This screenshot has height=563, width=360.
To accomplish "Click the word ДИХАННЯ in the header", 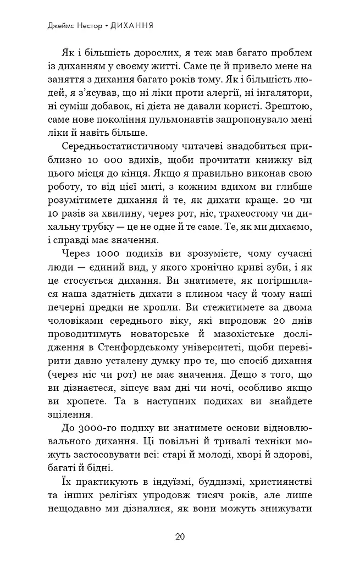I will click(x=131, y=26).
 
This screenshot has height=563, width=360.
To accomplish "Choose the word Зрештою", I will click(x=291, y=103).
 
